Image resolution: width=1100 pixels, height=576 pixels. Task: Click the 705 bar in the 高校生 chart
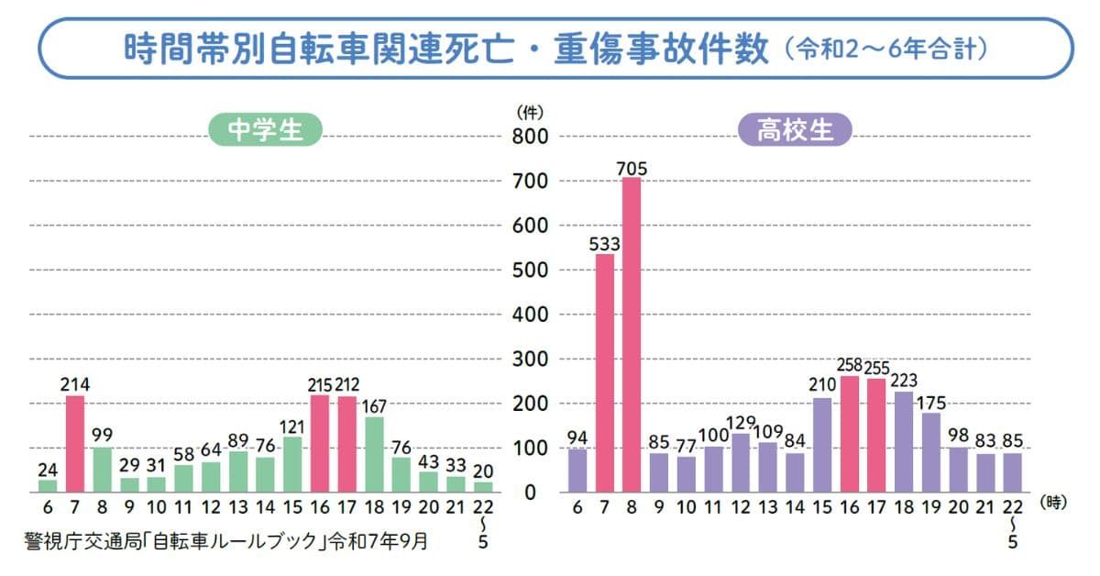(632, 335)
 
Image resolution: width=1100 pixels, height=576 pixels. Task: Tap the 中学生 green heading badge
(265, 130)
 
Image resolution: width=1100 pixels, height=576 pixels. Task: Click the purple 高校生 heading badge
(795, 130)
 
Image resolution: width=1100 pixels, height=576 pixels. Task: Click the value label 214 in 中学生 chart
(75, 384)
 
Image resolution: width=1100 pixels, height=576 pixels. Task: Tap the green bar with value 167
(374, 454)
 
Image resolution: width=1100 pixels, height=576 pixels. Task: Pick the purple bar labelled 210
(822, 445)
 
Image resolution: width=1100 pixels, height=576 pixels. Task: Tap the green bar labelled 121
(292, 464)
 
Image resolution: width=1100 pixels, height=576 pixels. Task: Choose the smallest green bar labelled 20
(483, 486)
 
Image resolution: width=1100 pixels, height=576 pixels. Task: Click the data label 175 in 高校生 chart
(931, 402)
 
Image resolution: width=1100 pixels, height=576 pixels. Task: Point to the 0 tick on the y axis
(534, 493)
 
